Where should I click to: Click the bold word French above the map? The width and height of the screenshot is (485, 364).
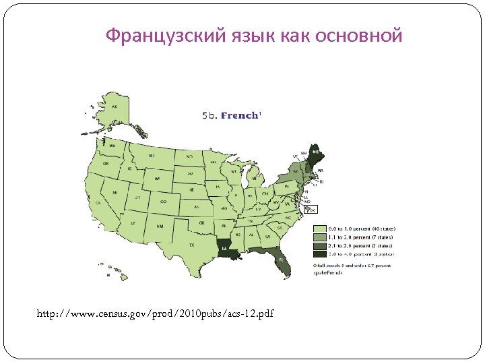239,115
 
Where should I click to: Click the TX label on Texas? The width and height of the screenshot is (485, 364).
191,245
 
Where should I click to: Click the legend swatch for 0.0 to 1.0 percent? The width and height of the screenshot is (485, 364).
319,229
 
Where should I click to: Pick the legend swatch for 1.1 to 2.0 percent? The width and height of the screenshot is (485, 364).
319,237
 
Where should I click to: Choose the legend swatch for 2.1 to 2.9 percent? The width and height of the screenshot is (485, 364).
319,246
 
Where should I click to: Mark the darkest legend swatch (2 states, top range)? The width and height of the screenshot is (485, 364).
319,255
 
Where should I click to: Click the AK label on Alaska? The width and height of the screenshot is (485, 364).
115,107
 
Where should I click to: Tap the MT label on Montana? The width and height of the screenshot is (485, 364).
152,156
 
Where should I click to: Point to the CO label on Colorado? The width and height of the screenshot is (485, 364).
163,201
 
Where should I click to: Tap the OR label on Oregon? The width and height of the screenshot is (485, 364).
105,163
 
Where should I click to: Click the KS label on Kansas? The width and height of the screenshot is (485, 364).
197,206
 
